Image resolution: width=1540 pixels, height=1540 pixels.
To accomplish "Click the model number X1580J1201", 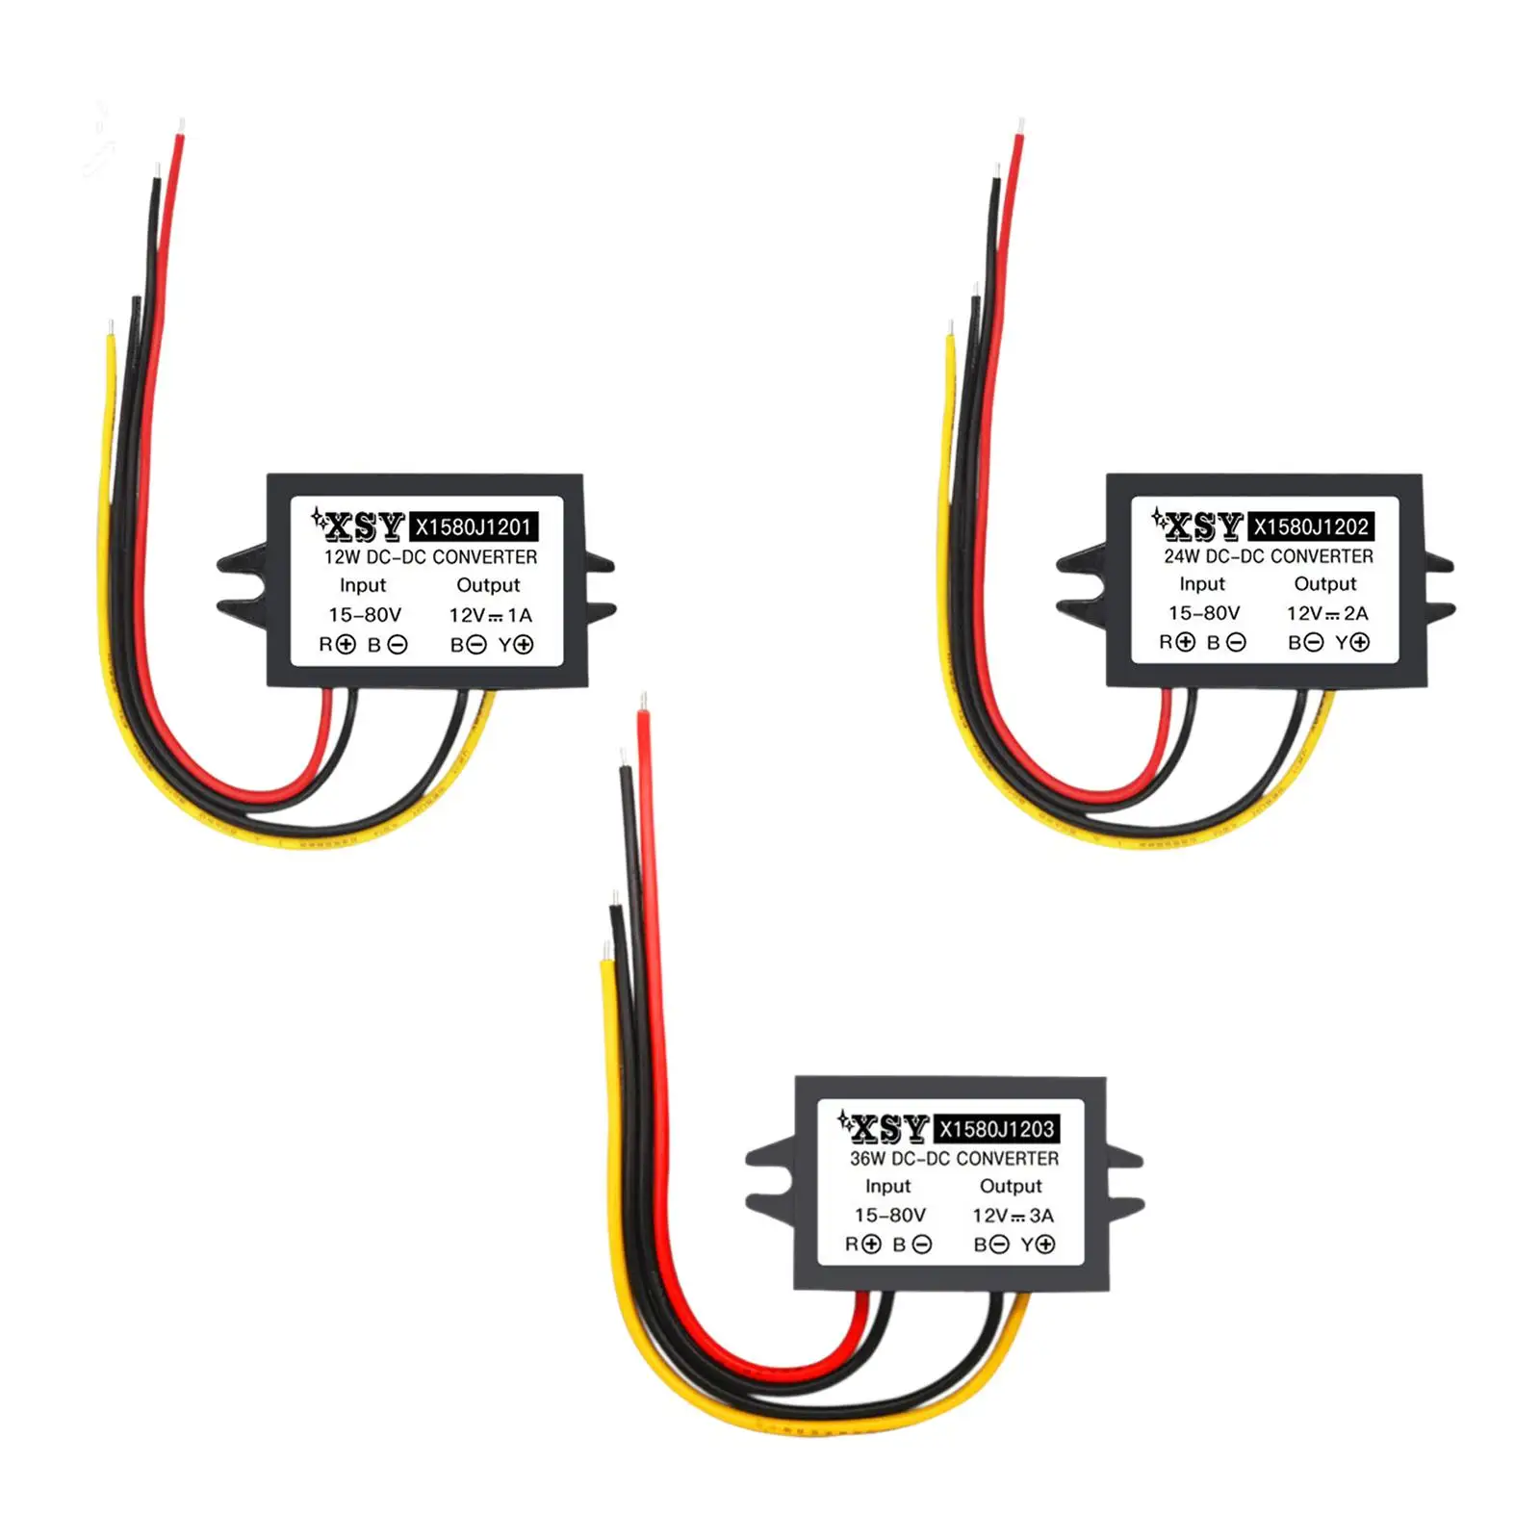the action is pyautogui.click(x=473, y=526).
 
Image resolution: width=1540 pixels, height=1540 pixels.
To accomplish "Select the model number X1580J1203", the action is pyautogui.click(x=996, y=1129).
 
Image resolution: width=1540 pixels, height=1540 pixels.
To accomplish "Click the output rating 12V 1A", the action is pyautogui.click(x=490, y=615).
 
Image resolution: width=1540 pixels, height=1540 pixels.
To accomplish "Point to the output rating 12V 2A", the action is pyautogui.click(x=1327, y=613).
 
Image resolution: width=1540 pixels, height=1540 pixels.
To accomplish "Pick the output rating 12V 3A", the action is pyautogui.click(x=1013, y=1216).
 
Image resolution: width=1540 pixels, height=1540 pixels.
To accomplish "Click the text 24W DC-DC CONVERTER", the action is pyautogui.click(x=1268, y=556).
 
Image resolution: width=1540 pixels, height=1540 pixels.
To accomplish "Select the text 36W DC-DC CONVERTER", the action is pyautogui.click(x=954, y=1159).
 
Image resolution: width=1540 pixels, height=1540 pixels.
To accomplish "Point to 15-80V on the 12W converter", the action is pyautogui.click(x=365, y=615).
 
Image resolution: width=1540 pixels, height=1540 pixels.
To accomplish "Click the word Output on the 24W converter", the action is pyautogui.click(x=1324, y=584).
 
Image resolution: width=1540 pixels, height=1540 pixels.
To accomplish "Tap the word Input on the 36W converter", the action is pyautogui.click(x=887, y=1187).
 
